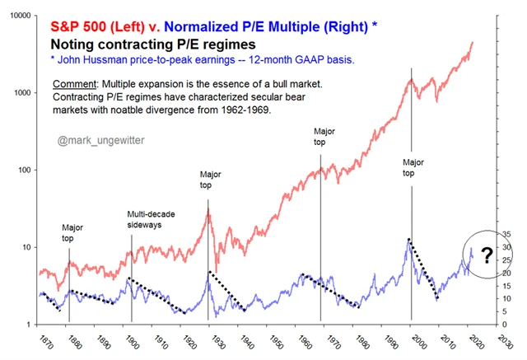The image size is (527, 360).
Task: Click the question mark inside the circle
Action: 487,258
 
